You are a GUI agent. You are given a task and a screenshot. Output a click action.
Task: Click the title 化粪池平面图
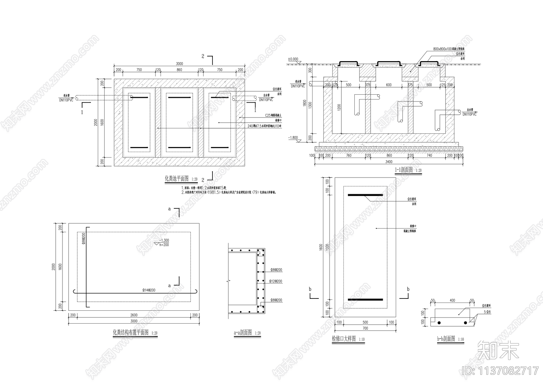click(176, 179)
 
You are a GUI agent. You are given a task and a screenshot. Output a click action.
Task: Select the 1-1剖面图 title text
click(403, 170)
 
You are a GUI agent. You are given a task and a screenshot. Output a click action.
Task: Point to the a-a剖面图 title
click(243, 333)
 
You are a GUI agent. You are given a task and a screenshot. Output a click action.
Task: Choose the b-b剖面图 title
click(446, 339)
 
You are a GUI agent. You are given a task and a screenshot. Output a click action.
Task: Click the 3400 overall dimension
click(389, 162)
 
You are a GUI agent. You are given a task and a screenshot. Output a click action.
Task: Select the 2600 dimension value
click(134, 315)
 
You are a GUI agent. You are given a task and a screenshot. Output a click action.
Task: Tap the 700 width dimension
click(365, 328)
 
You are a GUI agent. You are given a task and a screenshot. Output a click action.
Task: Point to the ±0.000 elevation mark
click(293, 59)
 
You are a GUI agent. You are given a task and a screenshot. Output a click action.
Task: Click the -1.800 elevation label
click(293, 138)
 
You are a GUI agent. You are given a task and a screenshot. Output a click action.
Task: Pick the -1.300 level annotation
click(164, 240)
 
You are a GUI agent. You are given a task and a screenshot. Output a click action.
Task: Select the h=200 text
click(164, 244)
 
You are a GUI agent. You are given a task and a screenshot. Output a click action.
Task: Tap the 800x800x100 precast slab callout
click(449, 49)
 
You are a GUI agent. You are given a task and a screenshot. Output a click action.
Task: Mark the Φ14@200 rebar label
click(149, 290)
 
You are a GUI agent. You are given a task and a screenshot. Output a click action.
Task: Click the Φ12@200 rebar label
click(276, 281)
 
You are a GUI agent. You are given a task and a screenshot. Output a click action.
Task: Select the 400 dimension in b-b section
click(452, 300)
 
